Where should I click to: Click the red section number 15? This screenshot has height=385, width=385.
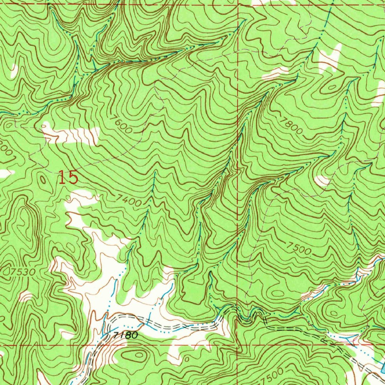[x=68, y=177]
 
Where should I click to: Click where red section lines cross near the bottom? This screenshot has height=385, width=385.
[x=237, y=344]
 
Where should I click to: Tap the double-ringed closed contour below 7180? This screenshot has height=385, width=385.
[x=136, y=354]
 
